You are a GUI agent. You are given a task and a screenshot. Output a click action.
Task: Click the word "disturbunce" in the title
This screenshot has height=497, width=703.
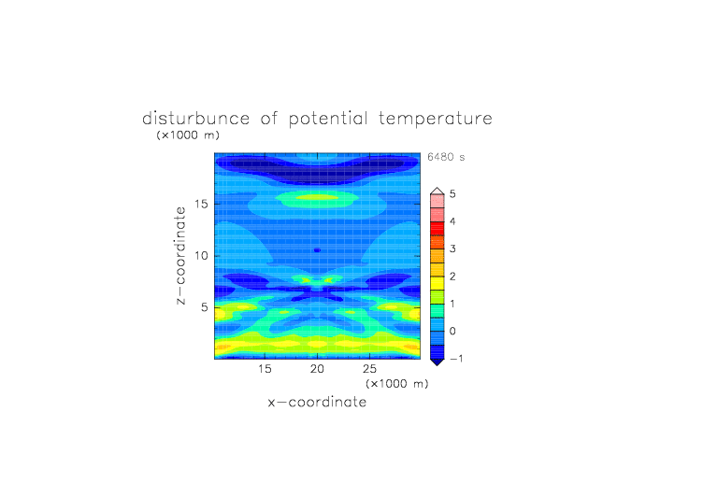pos(196,119)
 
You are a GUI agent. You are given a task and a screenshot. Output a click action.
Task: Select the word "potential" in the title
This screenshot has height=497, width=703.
pos(328,120)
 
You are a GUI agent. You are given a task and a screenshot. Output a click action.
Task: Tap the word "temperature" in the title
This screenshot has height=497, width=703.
pos(436,120)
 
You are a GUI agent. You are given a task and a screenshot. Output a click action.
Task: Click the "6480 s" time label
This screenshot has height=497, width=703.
pos(446,157)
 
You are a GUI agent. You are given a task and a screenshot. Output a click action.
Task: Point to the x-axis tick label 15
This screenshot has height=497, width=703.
pos(265,369)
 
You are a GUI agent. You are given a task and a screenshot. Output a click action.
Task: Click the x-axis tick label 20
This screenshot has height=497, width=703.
pos(317,369)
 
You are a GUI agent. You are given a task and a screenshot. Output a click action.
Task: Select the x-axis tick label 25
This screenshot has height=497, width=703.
pos(369,369)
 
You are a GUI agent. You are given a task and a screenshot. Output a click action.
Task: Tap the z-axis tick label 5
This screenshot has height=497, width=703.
pos(205,307)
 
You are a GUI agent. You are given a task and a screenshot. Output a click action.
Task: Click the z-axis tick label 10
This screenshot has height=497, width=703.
pos(201,256)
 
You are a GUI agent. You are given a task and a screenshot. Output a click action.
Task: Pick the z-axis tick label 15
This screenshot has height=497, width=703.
pos(201,205)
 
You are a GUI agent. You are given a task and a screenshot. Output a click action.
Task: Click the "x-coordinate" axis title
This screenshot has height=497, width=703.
pos(317,402)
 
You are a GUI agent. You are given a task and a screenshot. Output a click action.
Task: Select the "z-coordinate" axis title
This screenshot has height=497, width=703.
pos(180,256)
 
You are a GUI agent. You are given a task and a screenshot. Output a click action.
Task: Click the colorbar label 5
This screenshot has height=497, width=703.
pos(452,194)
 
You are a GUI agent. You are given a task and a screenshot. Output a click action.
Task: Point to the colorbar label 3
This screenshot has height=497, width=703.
pos(452,249)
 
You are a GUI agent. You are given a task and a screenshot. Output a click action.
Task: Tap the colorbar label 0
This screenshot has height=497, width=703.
pos(452,332)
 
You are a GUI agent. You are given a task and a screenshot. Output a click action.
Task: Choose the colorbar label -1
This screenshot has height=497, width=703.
pos(456,359)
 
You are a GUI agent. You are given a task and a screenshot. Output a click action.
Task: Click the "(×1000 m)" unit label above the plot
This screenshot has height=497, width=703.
pos(188,135)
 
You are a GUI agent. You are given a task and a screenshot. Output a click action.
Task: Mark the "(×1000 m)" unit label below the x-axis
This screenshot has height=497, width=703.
pos(396,384)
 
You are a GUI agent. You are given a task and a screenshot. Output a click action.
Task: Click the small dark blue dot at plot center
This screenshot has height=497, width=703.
pos(317,250)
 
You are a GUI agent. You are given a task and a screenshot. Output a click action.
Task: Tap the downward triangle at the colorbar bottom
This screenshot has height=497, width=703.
pos(438,362)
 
